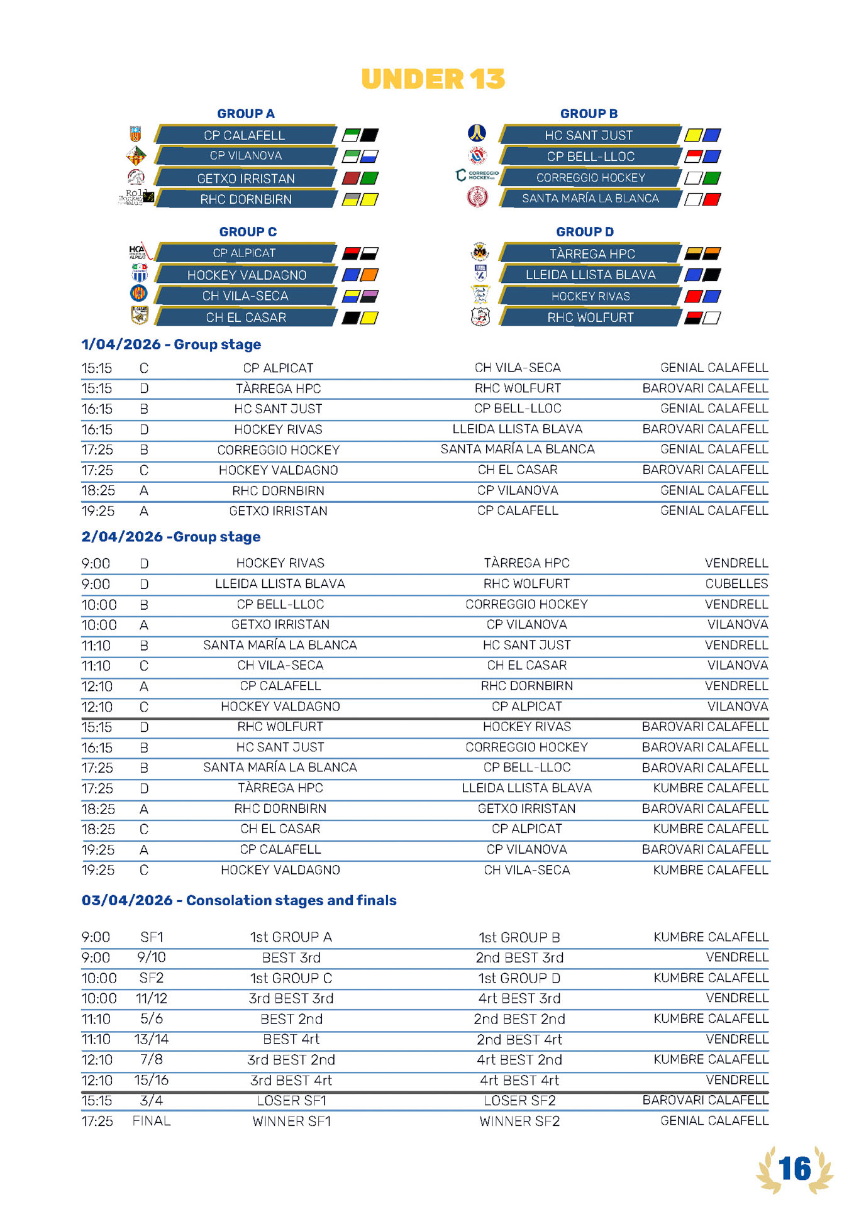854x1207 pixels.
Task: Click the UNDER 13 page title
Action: click(433, 79)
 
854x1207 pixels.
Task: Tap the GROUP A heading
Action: click(246, 114)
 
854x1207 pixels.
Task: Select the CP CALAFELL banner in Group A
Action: click(245, 135)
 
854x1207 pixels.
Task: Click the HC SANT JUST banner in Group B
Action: click(589, 135)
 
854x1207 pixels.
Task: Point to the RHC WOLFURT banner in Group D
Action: click(591, 317)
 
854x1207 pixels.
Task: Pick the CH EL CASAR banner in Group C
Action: click(246, 317)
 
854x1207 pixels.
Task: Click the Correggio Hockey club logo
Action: click(477, 175)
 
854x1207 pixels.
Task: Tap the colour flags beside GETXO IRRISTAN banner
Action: click(360, 178)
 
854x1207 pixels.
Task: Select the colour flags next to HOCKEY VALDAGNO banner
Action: click(360, 275)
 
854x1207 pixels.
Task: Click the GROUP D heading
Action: click(585, 232)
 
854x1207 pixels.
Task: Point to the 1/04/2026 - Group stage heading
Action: click(171, 344)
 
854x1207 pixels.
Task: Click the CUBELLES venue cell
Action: click(736, 583)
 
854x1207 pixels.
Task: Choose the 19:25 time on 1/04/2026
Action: click(97, 511)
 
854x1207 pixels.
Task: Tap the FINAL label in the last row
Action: click(152, 1121)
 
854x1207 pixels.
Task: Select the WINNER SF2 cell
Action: click(519, 1121)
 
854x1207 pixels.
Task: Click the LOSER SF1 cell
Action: click(292, 1101)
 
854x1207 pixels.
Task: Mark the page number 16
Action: click(795, 1169)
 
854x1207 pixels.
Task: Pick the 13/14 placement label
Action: click(152, 1039)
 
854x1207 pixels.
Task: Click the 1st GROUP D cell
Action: click(519, 978)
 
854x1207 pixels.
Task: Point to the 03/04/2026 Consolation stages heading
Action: click(239, 900)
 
